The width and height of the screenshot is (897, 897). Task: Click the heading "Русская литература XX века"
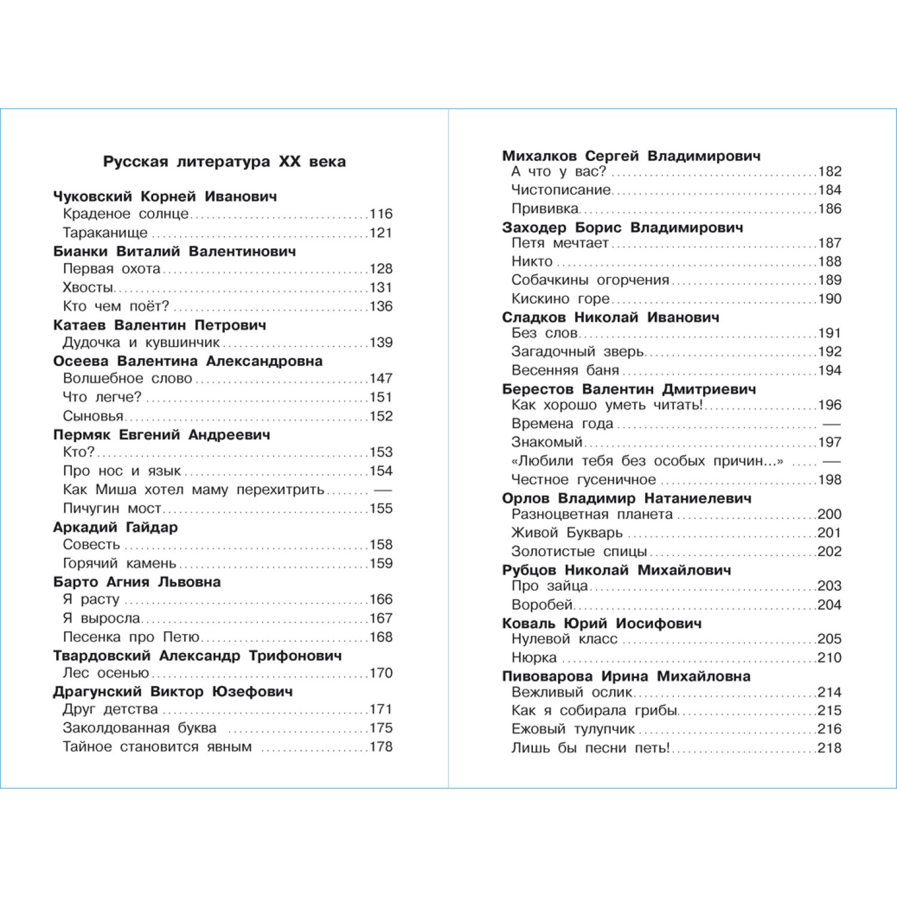click(224, 162)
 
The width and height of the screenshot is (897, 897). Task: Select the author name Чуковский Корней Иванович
click(165, 197)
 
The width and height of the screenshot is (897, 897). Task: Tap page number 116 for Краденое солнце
click(381, 214)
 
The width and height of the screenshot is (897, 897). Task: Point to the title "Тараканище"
click(105, 233)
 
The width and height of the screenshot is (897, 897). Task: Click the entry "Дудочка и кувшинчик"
click(141, 343)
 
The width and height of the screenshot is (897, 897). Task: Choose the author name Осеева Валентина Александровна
click(188, 361)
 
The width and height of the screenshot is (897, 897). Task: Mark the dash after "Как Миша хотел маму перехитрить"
click(382, 490)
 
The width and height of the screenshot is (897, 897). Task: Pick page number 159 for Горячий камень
click(381, 563)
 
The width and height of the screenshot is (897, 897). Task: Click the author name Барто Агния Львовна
click(137, 582)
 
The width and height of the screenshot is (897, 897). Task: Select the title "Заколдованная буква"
click(139, 728)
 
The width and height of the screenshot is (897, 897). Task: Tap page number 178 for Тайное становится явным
click(381, 747)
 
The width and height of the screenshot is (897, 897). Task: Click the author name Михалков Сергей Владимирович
click(631, 156)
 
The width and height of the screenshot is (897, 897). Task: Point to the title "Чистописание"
click(561, 190)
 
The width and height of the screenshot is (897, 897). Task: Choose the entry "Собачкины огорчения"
click(590, 280)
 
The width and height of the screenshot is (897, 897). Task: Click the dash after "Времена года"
click(832, 424)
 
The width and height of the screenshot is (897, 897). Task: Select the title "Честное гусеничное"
click(584, 480)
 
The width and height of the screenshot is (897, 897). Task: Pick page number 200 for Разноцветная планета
click(829, 514)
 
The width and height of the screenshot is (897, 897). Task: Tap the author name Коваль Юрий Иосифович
click(602, 624)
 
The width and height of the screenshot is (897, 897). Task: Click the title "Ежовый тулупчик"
click(573, 730)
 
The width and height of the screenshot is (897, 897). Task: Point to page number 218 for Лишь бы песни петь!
click(829, 748)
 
